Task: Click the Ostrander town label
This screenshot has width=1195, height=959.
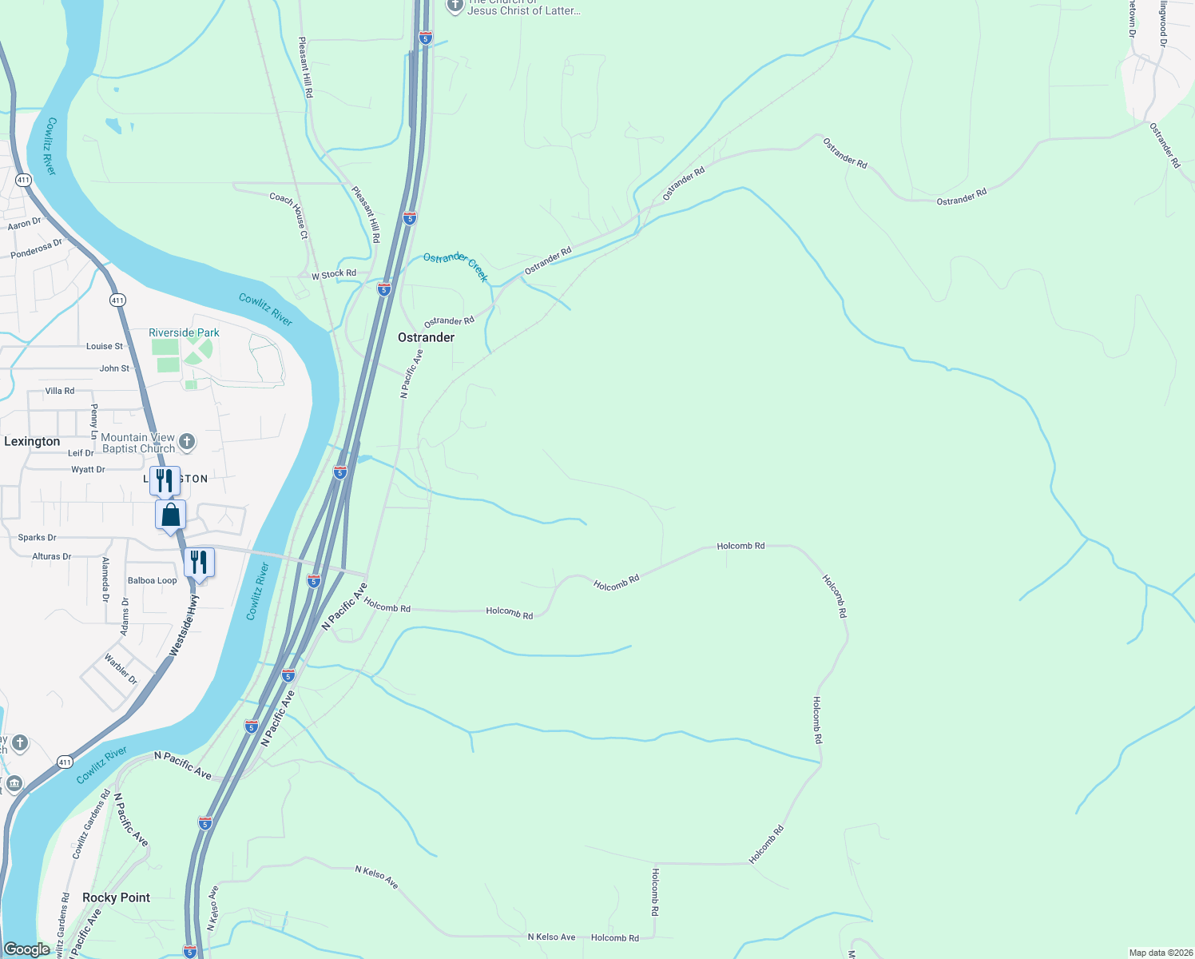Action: coord(426,337)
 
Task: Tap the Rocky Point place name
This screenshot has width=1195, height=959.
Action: coord(116,897)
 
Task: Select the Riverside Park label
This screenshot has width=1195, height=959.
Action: coord(184,332)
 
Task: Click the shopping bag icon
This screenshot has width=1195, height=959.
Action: coord(171,515)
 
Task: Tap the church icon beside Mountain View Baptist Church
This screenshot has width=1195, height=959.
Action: coord(187,441)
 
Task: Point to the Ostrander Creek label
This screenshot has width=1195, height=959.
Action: coord(455,266)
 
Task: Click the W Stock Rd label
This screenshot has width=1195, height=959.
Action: coord(334,274)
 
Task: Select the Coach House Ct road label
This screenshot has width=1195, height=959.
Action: coord(289,215)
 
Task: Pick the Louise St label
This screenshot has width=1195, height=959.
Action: coord(105,346)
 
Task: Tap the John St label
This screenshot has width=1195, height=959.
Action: coord(114,368)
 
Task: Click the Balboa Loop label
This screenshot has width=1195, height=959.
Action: coord(153,580)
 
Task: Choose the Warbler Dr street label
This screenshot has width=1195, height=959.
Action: coord(121,670)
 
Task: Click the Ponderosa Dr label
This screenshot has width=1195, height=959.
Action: coord(36,249)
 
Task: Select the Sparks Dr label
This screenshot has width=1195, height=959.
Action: coord(38,538)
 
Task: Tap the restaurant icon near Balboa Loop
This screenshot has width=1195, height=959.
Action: coord(199,562)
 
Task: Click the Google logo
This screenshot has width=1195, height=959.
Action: coord(27,949)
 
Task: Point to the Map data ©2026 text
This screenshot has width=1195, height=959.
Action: coord(1159,953)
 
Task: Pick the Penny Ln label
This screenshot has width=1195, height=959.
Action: coord(94,421)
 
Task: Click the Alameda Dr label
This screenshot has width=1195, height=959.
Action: coord(105,579)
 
